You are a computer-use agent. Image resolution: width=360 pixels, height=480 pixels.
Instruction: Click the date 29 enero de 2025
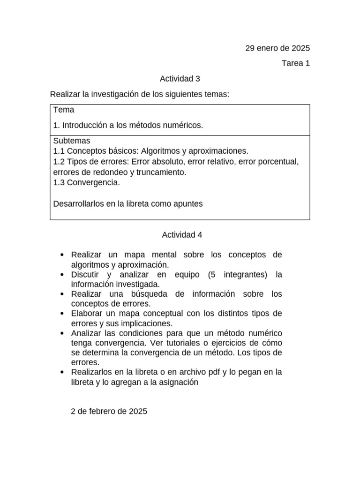tap(277, 48)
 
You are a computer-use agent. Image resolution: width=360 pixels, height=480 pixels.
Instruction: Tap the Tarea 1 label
tap(295, 63)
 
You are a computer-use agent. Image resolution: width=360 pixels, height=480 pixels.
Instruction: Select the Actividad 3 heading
tap(180, 79)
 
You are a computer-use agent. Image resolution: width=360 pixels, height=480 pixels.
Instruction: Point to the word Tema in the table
tap(64, 110)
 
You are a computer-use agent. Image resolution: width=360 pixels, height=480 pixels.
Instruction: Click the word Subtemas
tap(72, 141)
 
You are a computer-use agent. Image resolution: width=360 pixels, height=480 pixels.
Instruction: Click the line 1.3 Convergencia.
tap(87, 183)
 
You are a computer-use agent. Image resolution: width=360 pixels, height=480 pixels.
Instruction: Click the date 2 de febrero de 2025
tap(109, 412)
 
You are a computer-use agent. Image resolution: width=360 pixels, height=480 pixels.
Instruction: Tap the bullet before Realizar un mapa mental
tap(62, 255)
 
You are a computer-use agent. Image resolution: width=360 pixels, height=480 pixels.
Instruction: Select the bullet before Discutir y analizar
tap(62, 275)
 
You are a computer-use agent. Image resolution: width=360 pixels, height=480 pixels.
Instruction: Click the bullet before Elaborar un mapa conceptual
tap(62, 314)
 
